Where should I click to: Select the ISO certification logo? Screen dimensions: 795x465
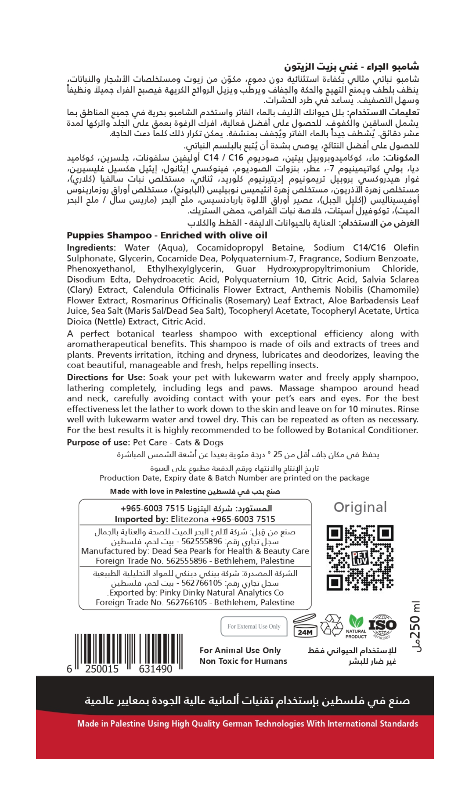click(382, 626)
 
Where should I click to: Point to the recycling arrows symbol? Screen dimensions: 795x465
click(332, 625)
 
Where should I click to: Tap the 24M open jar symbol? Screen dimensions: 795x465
click(305, 626)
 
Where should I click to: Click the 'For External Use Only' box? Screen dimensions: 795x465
click(254, 626)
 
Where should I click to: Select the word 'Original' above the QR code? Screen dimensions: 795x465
click(360, 507)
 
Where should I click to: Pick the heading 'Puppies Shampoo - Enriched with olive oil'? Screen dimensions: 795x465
click(167, 235)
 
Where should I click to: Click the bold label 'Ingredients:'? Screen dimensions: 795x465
click(91, 248)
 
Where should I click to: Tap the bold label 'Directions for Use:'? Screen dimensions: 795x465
click(106, 377)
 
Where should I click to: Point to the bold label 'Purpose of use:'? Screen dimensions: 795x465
click(98, 442)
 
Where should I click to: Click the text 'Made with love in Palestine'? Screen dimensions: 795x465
click(158, 491)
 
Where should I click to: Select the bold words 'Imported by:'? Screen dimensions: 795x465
click(141, 519)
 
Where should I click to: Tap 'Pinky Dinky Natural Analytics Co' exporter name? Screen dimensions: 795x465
click(221, 593)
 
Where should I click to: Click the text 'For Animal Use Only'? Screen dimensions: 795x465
click(240, 650)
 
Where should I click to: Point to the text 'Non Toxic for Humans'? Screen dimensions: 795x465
click(243, 661)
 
